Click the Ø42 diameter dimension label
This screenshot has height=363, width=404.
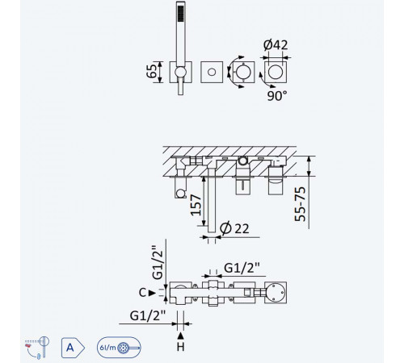276,45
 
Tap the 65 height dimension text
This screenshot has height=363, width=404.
152,71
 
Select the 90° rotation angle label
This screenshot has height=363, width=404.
277,95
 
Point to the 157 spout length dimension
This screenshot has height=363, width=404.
196,205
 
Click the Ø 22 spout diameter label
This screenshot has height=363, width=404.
234,228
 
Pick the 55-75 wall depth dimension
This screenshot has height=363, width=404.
301,204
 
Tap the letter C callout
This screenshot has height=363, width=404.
142,293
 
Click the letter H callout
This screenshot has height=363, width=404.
181,347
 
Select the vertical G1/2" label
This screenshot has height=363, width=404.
158,262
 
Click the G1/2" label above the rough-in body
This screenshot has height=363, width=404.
242,268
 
